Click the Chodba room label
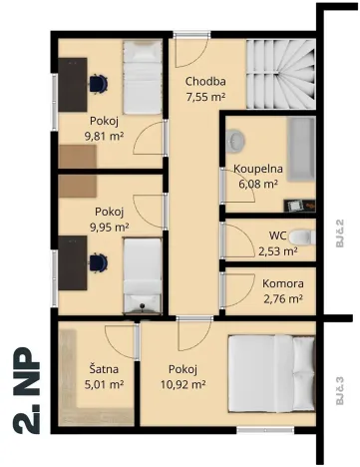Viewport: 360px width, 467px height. click(x=205, y=83)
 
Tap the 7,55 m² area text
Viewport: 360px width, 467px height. click(x=205, y=98)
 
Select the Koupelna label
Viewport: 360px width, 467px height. click(x=258, y=169)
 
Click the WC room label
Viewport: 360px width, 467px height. click(x=277, y=236)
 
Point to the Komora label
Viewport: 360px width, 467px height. click(x=283, y=282)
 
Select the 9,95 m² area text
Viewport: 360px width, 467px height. click(x=110, y=227)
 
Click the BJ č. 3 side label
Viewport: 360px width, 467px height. click(x=339, y=385)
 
